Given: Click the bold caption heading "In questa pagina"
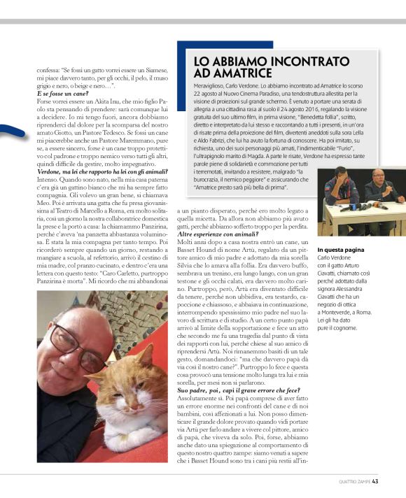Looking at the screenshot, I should tap(341, 250).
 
